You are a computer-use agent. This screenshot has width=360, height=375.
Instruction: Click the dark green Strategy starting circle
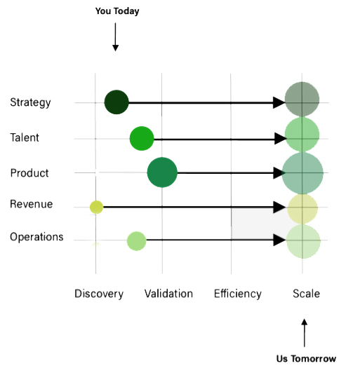[x=116, y=102]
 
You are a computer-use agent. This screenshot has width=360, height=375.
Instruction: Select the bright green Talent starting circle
[x=142, y=139]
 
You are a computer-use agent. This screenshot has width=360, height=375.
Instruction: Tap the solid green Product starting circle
[x=162, y=172]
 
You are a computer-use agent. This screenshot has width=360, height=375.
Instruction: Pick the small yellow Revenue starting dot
[x=96, y=207]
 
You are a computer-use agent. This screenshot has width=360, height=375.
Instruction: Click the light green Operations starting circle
[x=136, y=241]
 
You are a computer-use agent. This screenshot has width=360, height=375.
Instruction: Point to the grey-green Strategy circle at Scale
[x=302, y=100]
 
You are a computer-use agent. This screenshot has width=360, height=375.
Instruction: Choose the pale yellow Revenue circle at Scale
[x=302, y=209]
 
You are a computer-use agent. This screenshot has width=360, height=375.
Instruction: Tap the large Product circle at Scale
[x=302, y=173]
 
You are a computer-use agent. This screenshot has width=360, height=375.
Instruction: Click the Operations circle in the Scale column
[x=303, y=241]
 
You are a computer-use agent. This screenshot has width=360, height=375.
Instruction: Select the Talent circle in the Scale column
[x=302, y=135]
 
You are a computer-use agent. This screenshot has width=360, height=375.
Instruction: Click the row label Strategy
[x=30, y=102]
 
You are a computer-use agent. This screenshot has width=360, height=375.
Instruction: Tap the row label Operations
[x=36, y=237]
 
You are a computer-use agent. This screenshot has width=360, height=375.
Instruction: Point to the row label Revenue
[x=32, y=204]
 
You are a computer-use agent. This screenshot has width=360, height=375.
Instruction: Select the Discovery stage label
[x=99, y=294]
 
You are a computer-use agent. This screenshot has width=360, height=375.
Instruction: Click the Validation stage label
[x=168, y=294]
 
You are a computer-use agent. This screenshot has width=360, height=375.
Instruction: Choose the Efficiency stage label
[x=238, y=294]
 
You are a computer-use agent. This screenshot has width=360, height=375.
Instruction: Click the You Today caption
[x=117, y=11]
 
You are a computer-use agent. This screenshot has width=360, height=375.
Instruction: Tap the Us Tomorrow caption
[x=306, y=358]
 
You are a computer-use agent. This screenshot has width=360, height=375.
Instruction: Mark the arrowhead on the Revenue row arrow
[x=279, y=207]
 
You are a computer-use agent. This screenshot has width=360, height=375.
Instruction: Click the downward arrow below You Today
[x=115, y=37]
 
